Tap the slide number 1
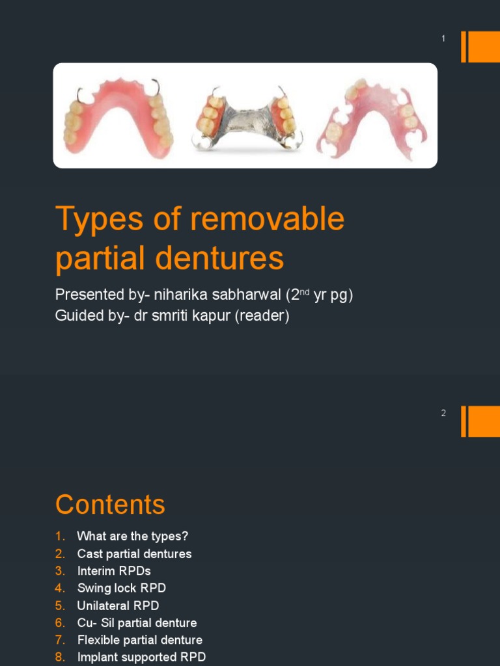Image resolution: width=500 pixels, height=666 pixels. pyautogui.click(x=443, y=39)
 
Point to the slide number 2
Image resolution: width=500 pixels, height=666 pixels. pyautogui.click(x=443, y=413)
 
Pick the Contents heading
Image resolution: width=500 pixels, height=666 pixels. pyautogui.click(x=110, y=505)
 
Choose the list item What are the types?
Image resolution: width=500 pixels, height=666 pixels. pyautogui.click(x=132, y=537)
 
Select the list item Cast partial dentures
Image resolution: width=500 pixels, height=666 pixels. pyautogui.click(x=134, y=554)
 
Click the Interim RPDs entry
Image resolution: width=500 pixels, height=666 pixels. pyautogui.click(x=114, y=571)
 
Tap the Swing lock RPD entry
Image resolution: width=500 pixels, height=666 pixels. pyautogui.click(x=122, y=588)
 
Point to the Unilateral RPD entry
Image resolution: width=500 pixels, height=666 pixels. pyautogui.click(x=118, y=606)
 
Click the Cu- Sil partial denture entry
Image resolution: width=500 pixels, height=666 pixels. pyautogui.click(x=137, y=623)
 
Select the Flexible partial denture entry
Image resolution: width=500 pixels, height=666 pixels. pyautogui.click(x=139, y=640)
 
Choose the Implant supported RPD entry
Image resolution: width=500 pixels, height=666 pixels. pyautogui.click(x=141, y=657)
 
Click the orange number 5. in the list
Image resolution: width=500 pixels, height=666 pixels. pyautogui.click(x=60, y=606)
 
